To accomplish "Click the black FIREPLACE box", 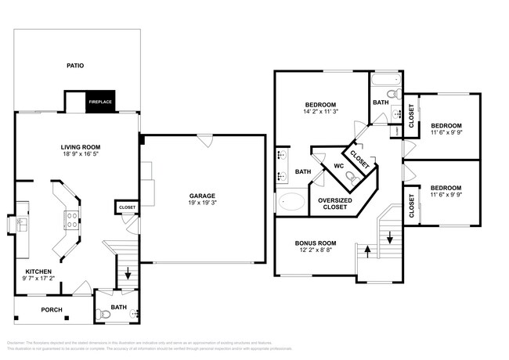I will click(x=99, y=102).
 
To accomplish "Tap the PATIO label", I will click(x=76, y=66).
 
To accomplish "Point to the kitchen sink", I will click(x=21, y=225).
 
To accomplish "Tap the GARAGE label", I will click(x=201, y=196).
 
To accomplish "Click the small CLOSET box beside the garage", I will click(x=126, y=207).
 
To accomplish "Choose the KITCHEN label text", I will click(x=38, y=272).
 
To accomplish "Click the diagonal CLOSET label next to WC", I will click(x=359, y=156).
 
